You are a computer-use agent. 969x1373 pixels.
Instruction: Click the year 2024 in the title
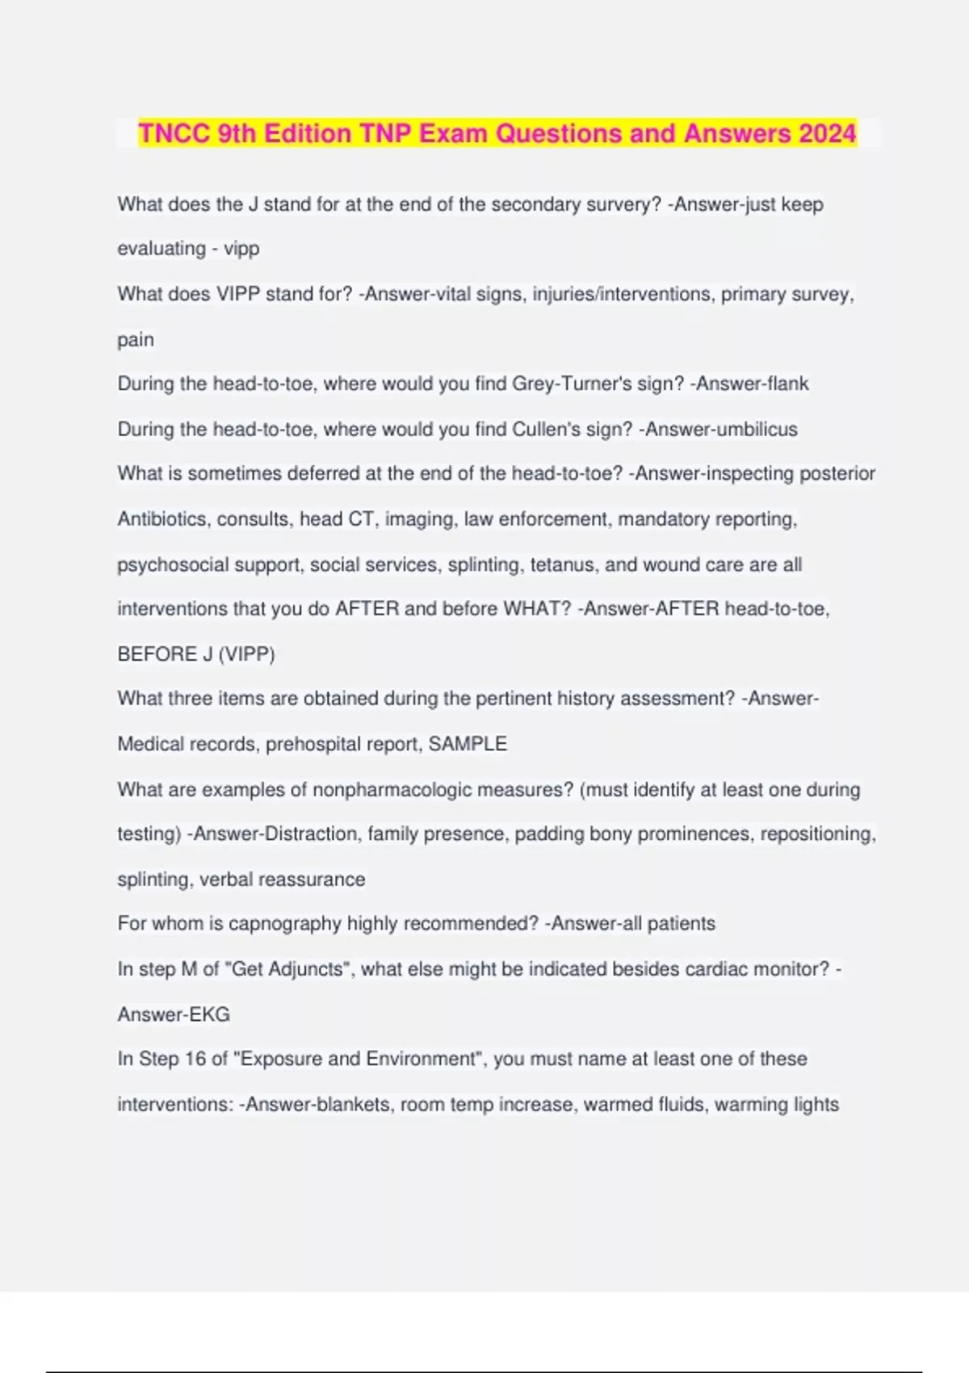827,133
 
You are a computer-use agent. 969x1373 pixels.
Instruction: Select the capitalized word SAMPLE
468,744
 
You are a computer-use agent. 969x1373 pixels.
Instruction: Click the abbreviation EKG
209,1014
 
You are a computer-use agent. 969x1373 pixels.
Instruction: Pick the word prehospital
317,744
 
